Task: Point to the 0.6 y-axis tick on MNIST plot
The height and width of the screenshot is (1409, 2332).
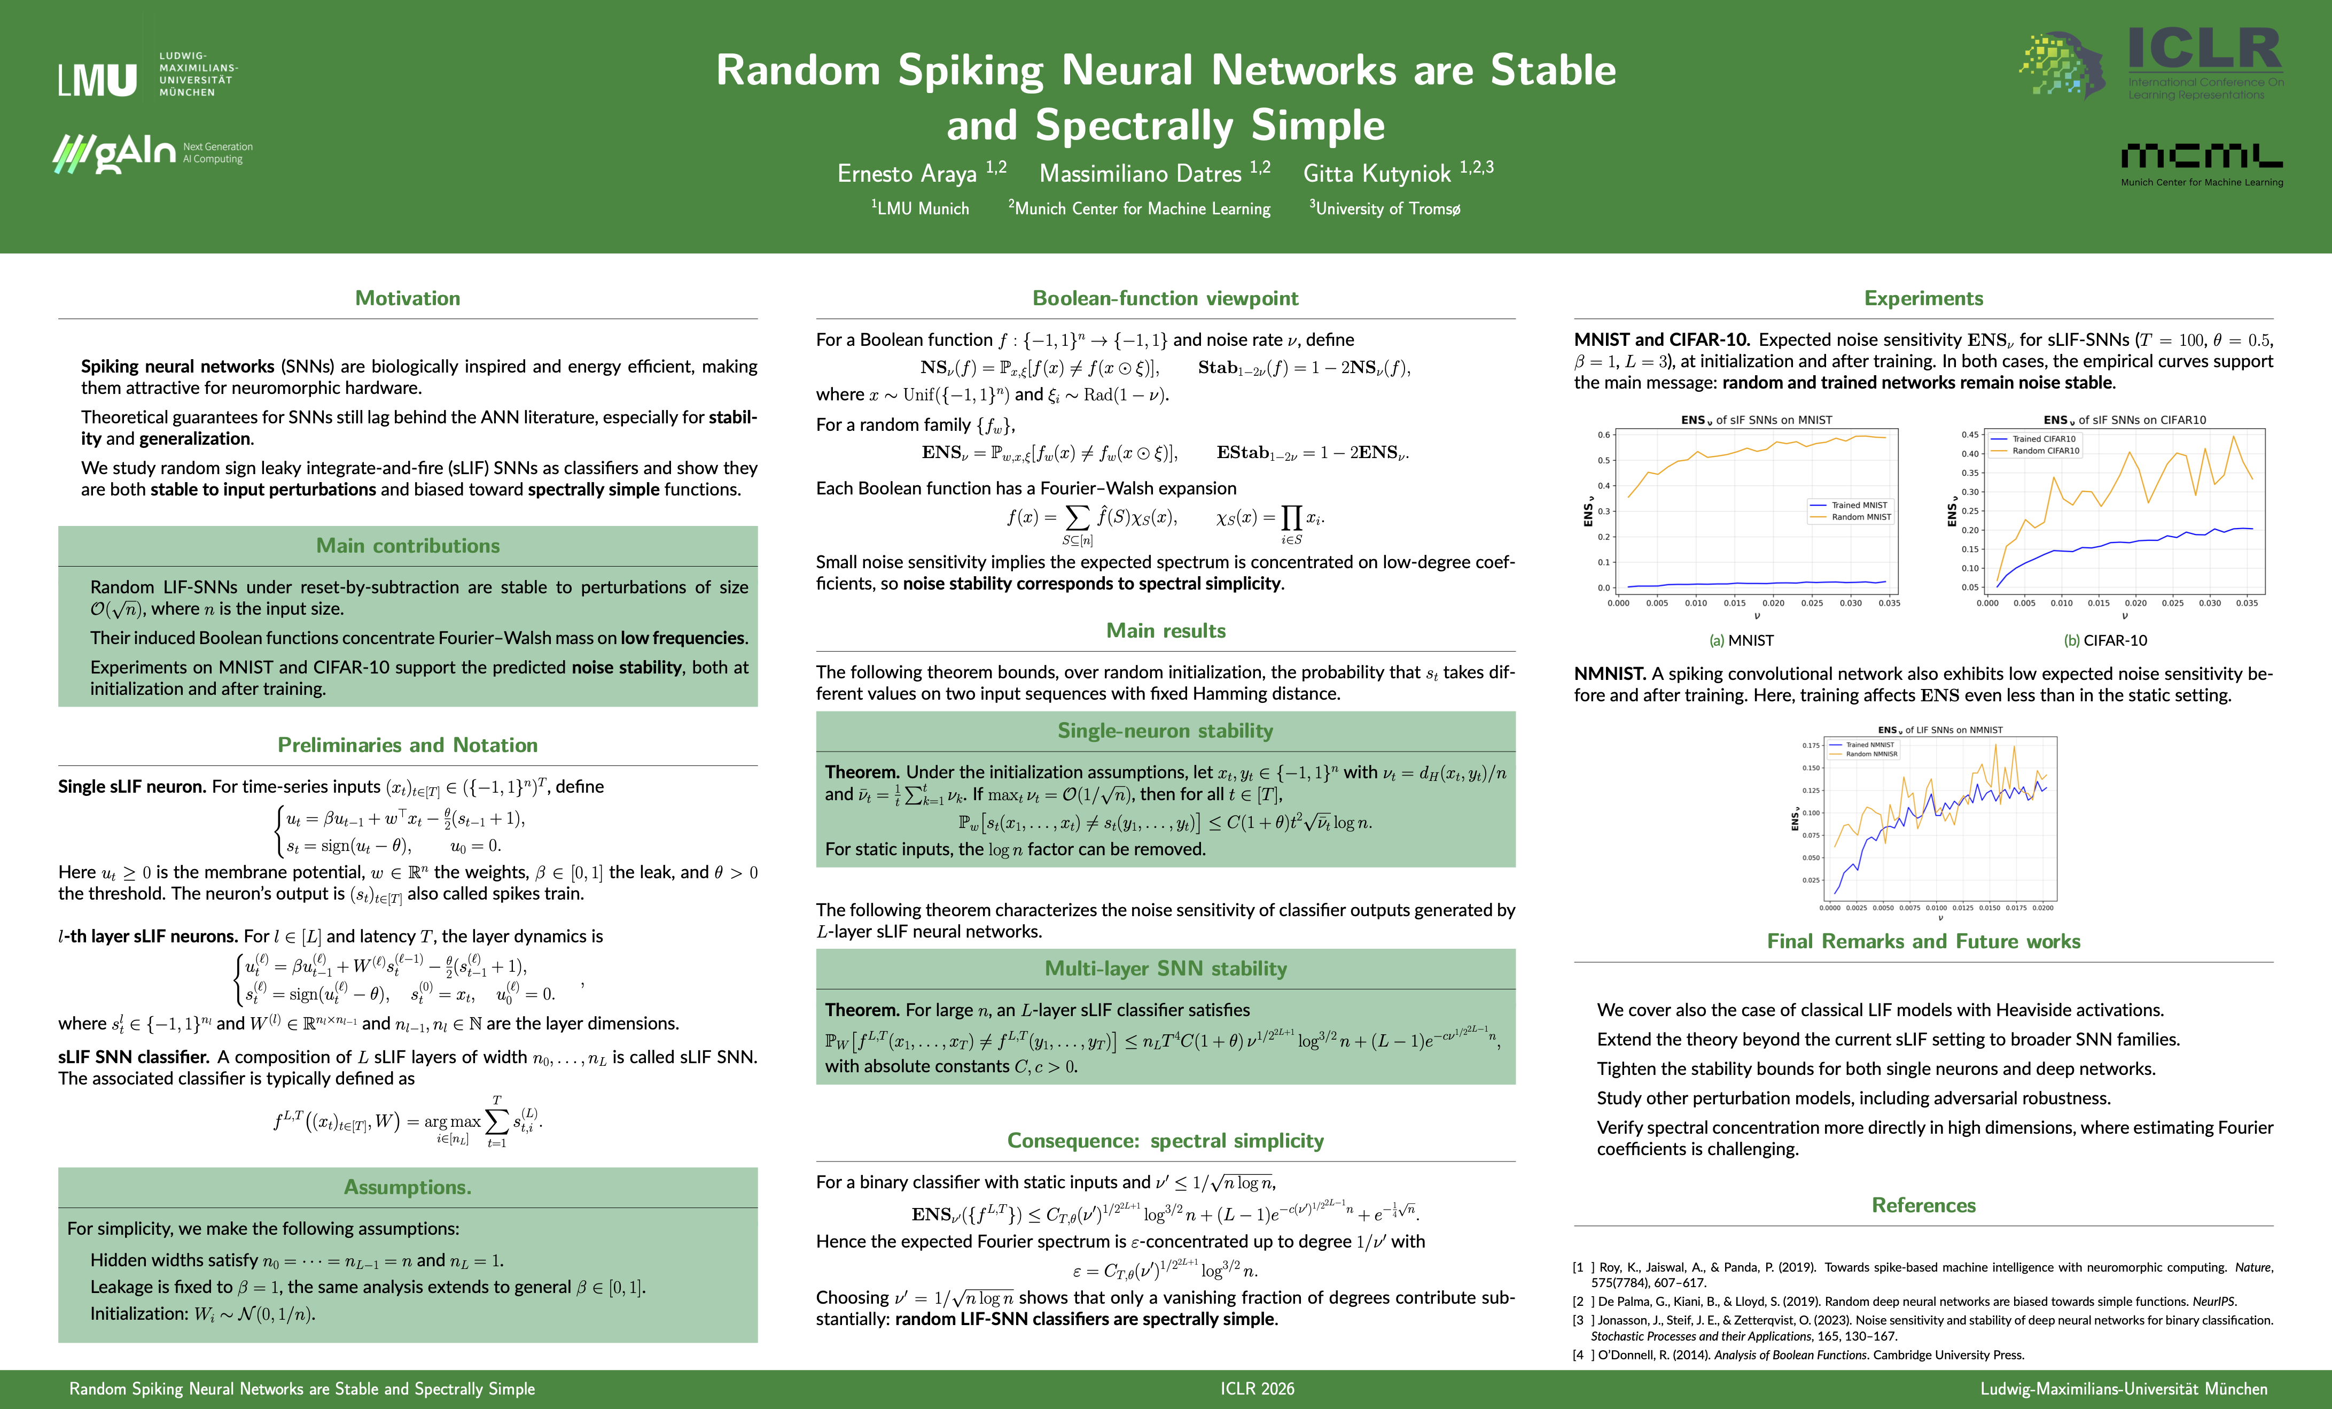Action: (1603, 435)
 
